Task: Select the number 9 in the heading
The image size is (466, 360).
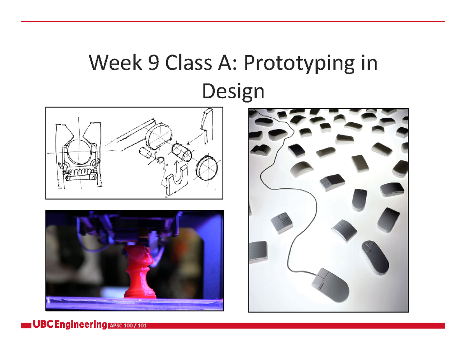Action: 153,63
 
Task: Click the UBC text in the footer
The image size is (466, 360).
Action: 43,325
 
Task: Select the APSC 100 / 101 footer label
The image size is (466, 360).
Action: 129,326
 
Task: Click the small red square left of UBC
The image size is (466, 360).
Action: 26,326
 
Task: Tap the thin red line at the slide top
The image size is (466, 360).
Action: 233,22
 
